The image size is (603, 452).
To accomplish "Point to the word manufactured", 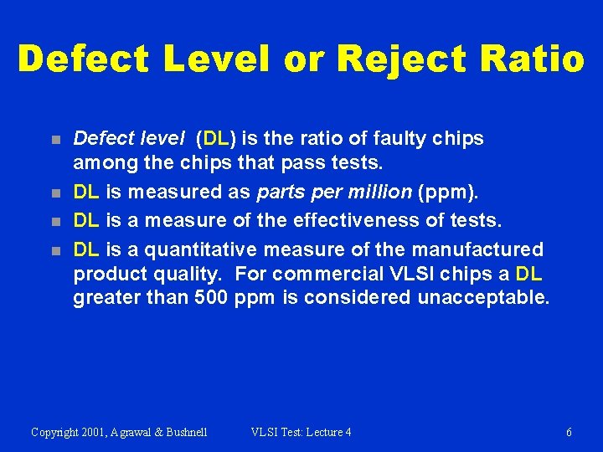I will [x=475, y=249].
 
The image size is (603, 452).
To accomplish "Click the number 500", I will [x=210, y=297].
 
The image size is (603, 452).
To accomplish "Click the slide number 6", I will [x=569, y=432].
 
